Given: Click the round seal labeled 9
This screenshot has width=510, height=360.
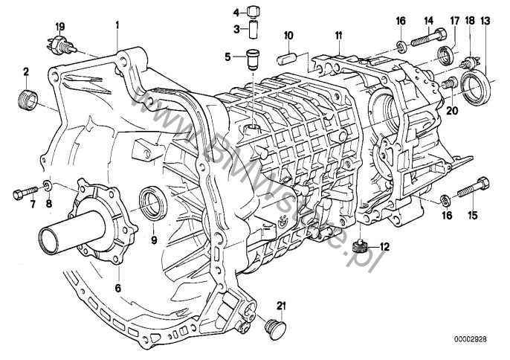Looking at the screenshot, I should coord(154,202).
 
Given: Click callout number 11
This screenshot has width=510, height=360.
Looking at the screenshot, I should coord(338,35).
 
